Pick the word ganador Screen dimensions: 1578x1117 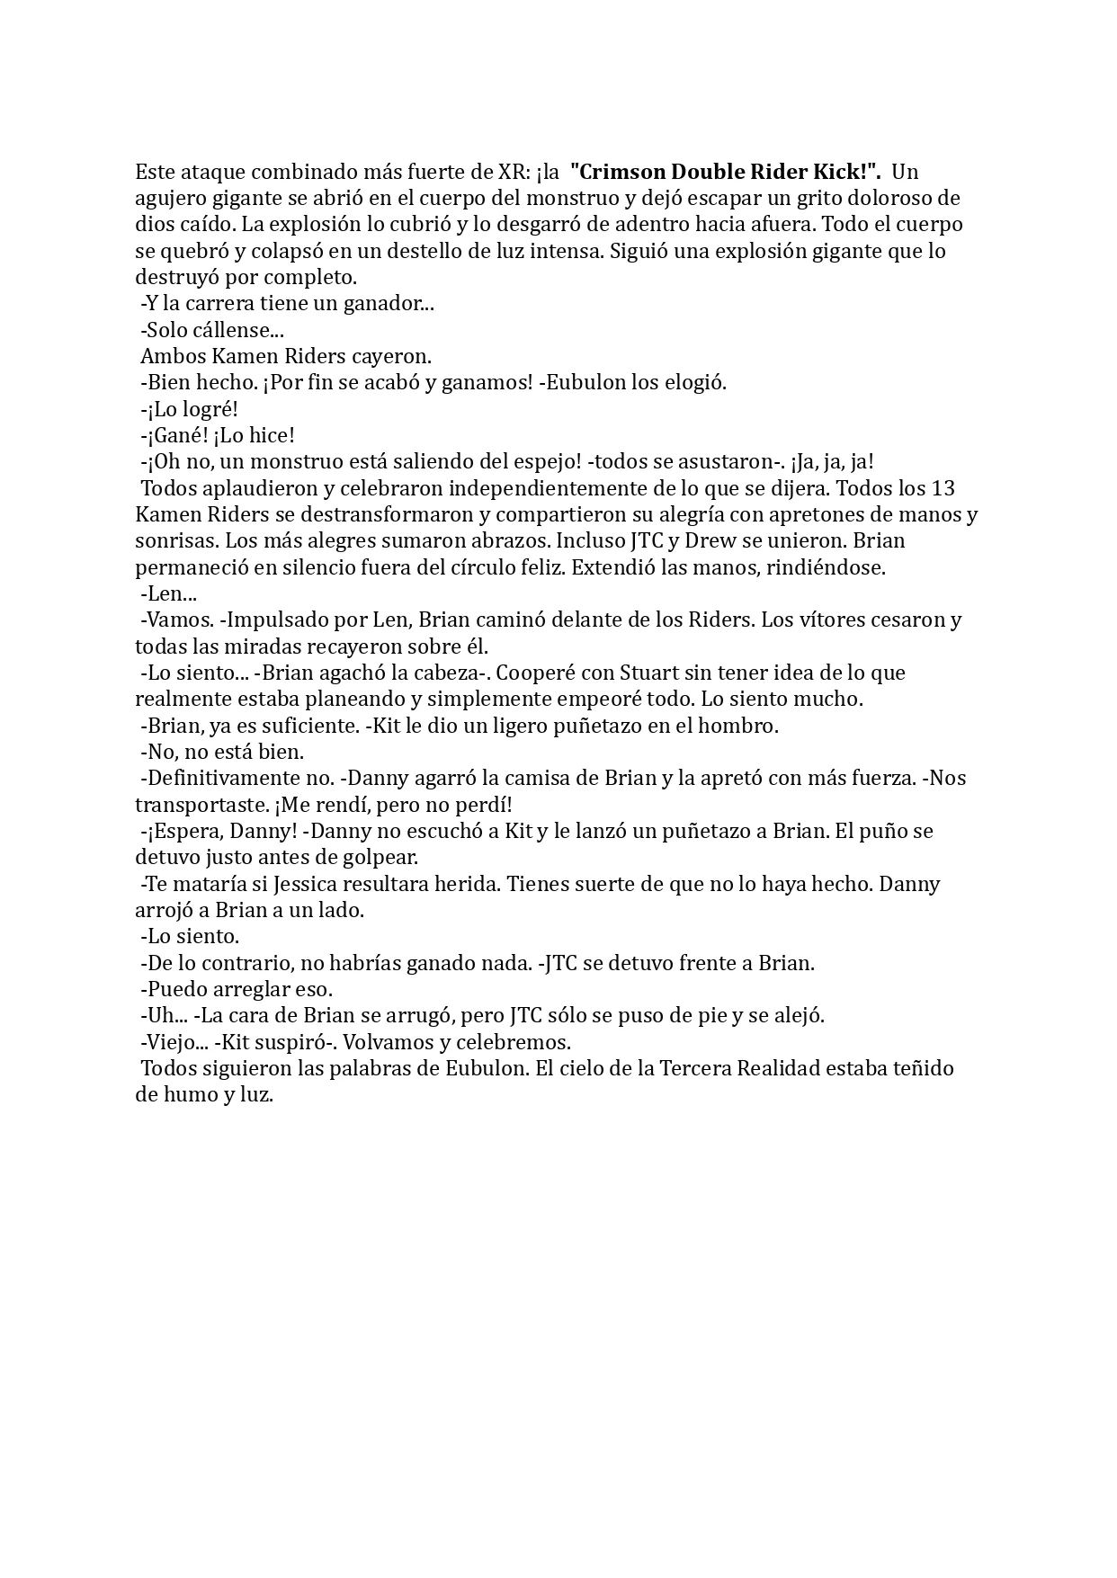click(x=393, y=304)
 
